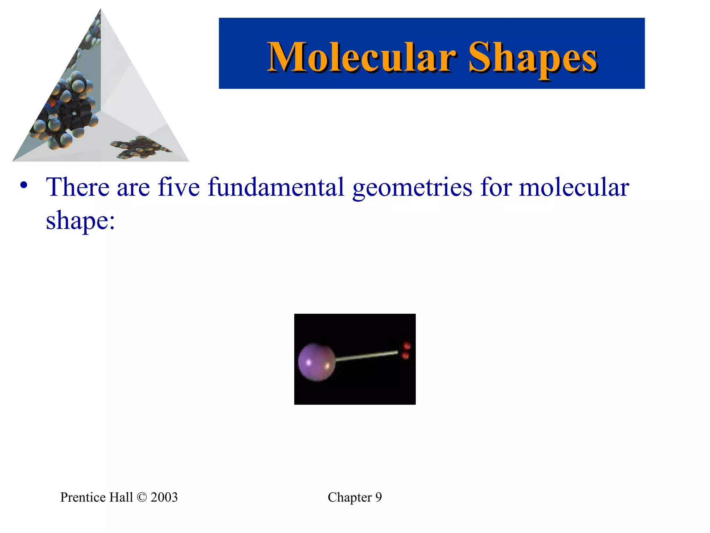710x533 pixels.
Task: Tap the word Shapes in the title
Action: coord(532,58)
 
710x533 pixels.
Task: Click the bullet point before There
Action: coord(24,185)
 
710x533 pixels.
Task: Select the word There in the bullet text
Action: coord(78,187)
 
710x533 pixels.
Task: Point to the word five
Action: coord(179,187)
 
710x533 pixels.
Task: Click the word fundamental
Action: coord(276,187)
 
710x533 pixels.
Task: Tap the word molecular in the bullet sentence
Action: coord(574,187)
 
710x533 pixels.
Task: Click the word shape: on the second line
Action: coord(80,221)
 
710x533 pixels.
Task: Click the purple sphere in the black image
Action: coord(316,362)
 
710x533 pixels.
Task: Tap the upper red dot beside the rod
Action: coord(407,346)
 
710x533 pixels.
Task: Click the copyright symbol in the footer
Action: coord(142,497)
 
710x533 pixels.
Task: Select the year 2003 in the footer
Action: coord(164,497)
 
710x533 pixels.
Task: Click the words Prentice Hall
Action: coord(96,497)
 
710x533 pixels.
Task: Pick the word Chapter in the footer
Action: coord(349,497)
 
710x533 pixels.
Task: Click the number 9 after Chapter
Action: coord(378,497)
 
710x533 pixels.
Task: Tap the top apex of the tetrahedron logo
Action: coord(101,10)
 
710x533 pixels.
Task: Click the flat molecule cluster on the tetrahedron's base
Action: coord(140,147)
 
